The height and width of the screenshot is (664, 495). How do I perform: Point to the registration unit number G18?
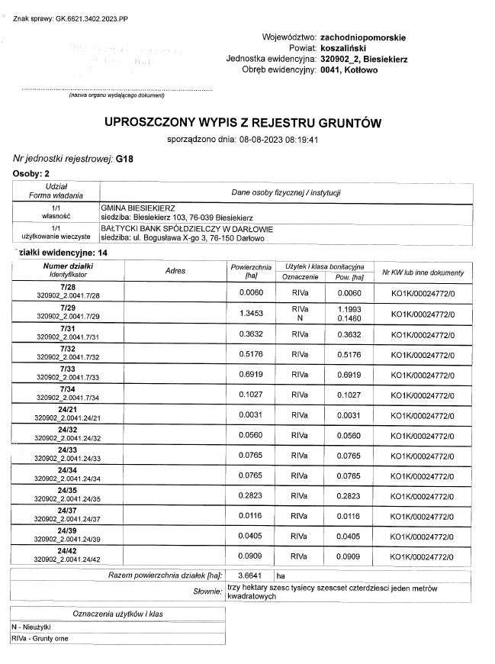[124, 159]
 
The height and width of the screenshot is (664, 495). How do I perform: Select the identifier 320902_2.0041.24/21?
[69, 418]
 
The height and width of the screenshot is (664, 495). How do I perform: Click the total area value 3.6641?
[250, 575]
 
